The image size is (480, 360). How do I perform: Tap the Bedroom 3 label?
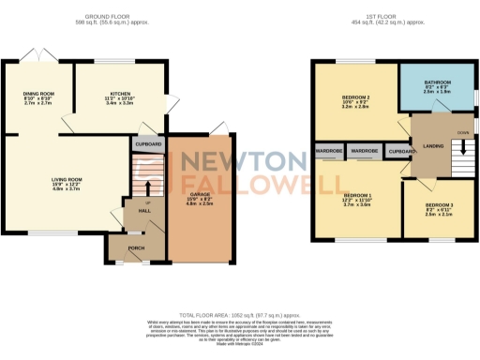(x=439, y=204)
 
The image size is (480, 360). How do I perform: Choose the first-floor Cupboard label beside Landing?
(x=401, y=150)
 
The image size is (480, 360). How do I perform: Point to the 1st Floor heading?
(x=394, y=16)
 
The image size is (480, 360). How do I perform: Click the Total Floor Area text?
(x=239, y=316)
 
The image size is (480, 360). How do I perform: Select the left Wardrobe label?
(x=329, y=150)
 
